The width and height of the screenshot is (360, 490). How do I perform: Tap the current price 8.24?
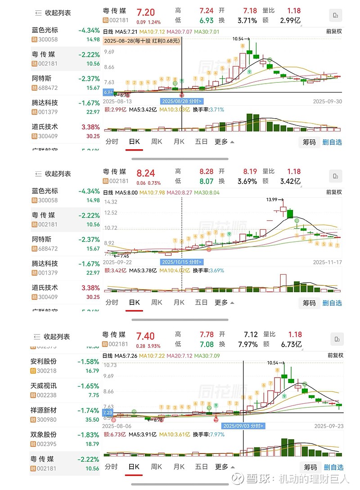[146, 173]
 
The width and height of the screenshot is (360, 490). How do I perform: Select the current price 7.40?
[146, 336]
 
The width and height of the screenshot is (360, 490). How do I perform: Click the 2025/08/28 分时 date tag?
[181, 101]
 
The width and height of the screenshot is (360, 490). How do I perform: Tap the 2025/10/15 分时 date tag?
[181, 262]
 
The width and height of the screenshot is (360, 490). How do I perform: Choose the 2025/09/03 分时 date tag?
[243, 425]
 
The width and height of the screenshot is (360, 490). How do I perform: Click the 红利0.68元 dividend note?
[162, 41]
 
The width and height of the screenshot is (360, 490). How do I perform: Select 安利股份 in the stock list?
[44, 361]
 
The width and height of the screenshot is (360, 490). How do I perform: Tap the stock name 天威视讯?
[44, 386]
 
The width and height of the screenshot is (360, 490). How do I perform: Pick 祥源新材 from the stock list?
[44, 410]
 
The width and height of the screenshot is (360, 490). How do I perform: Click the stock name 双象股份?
[44, 435]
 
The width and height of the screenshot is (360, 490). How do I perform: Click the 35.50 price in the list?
[92, 419]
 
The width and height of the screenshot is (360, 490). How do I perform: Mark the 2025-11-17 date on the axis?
[327, 262]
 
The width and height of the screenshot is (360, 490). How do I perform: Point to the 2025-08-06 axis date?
[117, 426]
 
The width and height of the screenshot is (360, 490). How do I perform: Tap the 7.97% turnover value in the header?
[248, 345]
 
